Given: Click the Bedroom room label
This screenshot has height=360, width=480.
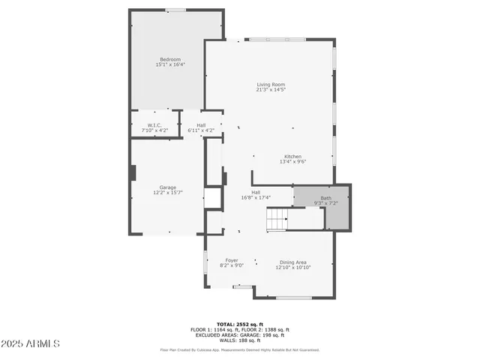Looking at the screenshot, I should (169, 59).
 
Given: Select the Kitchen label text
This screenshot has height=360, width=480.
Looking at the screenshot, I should (292, 156).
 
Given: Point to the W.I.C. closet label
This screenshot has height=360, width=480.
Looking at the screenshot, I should (154, 125).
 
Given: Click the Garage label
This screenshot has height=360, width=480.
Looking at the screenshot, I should (167, 187).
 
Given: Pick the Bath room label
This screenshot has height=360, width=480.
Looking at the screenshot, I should (325, 198).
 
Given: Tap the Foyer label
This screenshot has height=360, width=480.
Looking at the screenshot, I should (232, 260).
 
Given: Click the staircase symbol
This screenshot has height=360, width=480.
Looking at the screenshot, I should (277, 218).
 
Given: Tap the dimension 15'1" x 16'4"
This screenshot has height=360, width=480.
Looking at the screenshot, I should (169, 64).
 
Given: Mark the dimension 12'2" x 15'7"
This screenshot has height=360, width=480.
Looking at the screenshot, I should (167, 193).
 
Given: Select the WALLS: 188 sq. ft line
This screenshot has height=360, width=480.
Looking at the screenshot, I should (239, 340).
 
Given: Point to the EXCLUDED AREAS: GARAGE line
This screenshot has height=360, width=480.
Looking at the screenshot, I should (239, 334).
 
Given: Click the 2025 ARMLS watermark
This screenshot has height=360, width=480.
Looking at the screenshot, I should (30, 343).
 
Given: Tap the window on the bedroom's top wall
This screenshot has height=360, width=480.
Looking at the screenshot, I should (175, 10).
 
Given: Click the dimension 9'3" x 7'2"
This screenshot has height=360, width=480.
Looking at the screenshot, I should (325, 203).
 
